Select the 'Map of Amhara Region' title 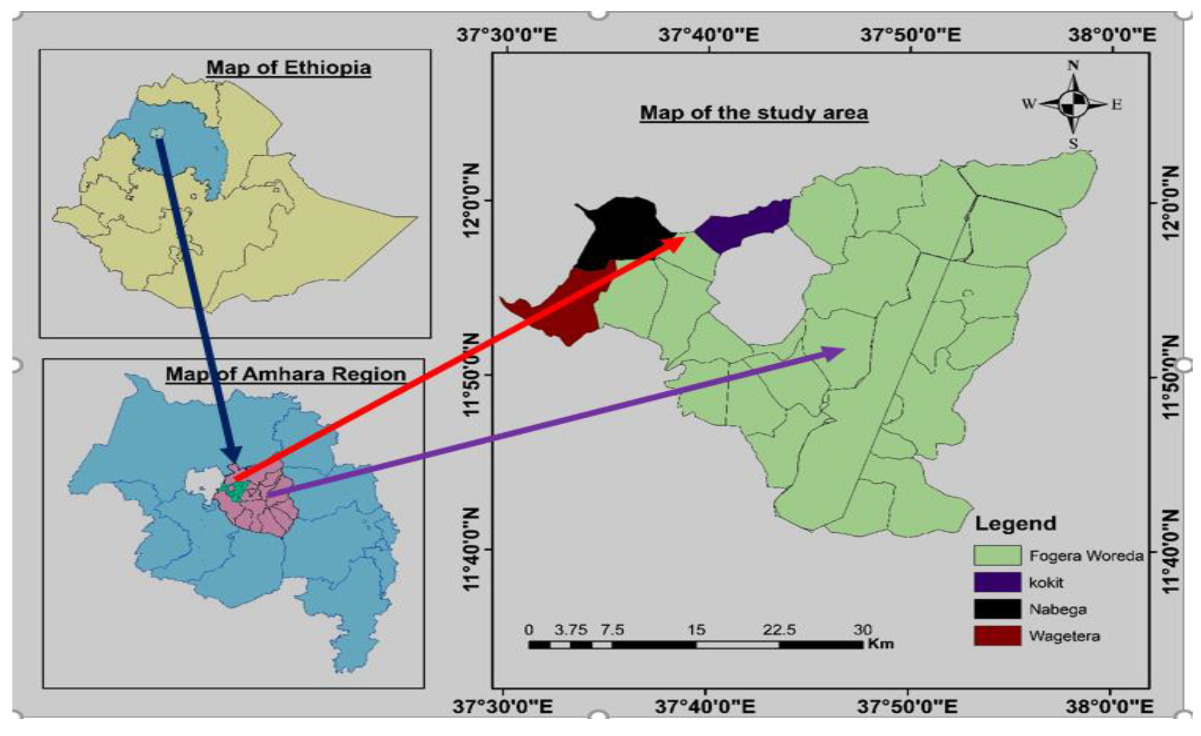[x=286, y=374]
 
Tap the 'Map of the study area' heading [x=754, y=113]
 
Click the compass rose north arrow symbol [x=1073, y=104]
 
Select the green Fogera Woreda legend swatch [x=997, y=555]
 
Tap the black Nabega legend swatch [x=997, y=609]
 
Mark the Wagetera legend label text [x=1064, y=636]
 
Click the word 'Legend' [x=1015, y=524]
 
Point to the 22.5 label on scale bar [x=779, y=630]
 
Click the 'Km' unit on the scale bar [x=881, y=644]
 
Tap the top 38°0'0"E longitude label [x=1112, y=35]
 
